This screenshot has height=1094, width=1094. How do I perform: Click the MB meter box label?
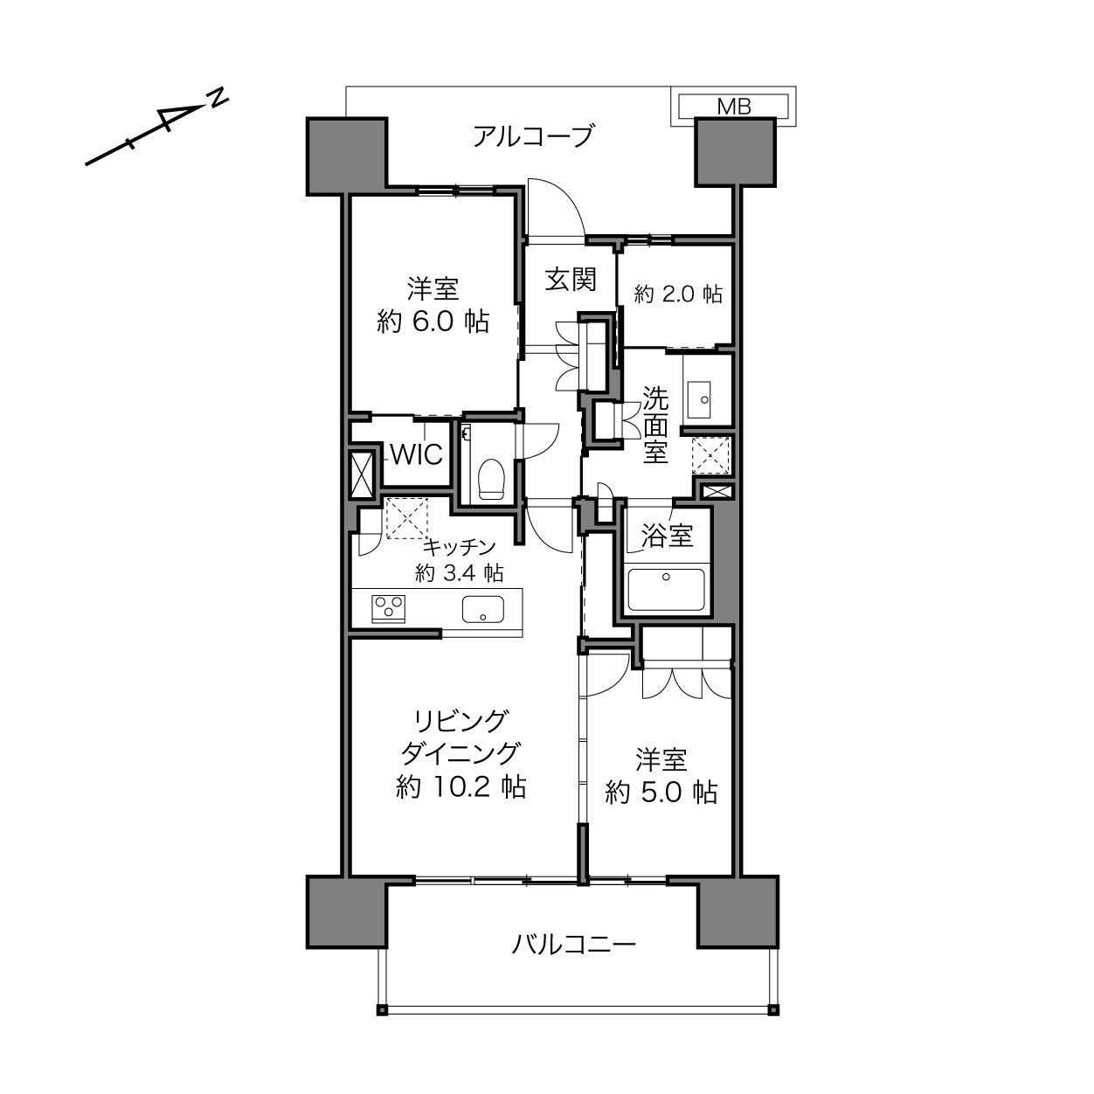pos(734,106)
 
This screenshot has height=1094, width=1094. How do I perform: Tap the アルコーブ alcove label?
pos(533,137)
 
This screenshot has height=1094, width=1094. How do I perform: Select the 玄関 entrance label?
pos(571,280)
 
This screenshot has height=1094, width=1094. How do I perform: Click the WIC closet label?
pos(417,454)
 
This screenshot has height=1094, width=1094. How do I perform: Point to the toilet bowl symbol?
pos(491,480)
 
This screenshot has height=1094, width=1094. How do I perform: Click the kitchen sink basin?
pos(483,609)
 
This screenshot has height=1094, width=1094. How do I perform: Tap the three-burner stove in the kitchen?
pos(388,608)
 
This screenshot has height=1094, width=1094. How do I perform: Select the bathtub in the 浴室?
pos(666,589)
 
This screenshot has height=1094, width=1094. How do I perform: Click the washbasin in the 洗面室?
pos(699,399)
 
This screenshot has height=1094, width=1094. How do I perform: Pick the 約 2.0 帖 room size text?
pos(678,294)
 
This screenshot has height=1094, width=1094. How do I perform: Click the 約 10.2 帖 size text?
pos(460,787)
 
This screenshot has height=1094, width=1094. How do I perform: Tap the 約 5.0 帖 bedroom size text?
pos(661,792)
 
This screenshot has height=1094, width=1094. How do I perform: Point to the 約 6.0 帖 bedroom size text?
pos(433,322)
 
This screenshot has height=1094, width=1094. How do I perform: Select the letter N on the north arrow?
pos(218,98)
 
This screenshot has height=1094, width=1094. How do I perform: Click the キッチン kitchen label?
pos(460,547)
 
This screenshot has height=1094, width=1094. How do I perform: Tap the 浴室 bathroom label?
pos(667,535)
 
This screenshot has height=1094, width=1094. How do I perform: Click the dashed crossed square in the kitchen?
pos(406,518)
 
